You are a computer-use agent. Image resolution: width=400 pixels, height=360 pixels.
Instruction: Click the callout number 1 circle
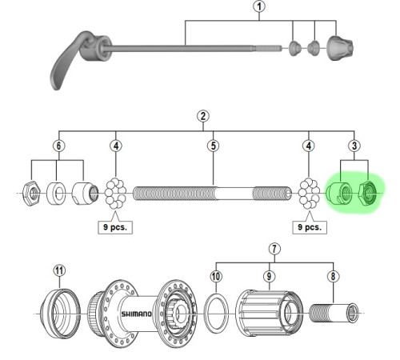pyautogui.click(x=259, y=6)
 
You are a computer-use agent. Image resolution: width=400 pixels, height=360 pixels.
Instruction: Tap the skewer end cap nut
pyautogui.click(x=340, y=48)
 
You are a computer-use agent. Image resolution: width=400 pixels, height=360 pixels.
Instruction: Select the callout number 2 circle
pyautogui.click(x=203, y=116)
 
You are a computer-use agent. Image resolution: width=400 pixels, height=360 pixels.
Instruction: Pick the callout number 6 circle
pyautogui.click(x=58, y=146)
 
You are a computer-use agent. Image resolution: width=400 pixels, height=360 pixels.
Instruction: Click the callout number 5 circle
pyautogui.click(x=214, y=146)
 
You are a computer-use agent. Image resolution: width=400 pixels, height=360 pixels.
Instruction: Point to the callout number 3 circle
pyautogui.click(x=354, y=146)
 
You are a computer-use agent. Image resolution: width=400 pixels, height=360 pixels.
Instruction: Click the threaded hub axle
pyautogui.click(x=213, y=194)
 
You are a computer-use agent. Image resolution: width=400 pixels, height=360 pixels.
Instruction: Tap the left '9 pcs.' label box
pyautogui.click(x=115, y=227)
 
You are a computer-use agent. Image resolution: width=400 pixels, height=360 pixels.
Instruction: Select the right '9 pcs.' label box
pyautogui.click(x=310, y=227)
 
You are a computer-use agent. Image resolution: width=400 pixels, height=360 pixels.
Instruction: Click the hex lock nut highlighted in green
pyautogui.click(x=368, y=193)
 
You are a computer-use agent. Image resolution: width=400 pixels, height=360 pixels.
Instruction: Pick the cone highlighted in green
pyautogui.click(x=339, y=193)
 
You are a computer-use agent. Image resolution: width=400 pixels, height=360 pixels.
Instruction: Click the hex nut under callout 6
pyautogui.click(x=32, y=193)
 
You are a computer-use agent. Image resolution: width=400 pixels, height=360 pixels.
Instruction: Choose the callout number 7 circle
pyautogui.click(x=274, y=249)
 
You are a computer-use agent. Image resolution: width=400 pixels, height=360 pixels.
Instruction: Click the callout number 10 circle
pyautogui.click(x=216, y=276)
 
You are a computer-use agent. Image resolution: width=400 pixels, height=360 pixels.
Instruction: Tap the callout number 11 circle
pyautogui.click(x=59, y=270)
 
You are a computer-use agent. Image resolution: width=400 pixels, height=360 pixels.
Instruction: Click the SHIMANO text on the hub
pyautogui.click(x=137, y=314)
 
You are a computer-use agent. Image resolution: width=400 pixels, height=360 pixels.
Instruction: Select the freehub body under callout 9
pyautogui.click(x=270, y=313)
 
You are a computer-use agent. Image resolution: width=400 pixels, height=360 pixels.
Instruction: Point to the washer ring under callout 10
pyautogui.click(x=205, y=314)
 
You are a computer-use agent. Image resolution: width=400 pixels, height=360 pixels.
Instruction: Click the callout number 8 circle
pyautogui.click(x=334, y=276)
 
